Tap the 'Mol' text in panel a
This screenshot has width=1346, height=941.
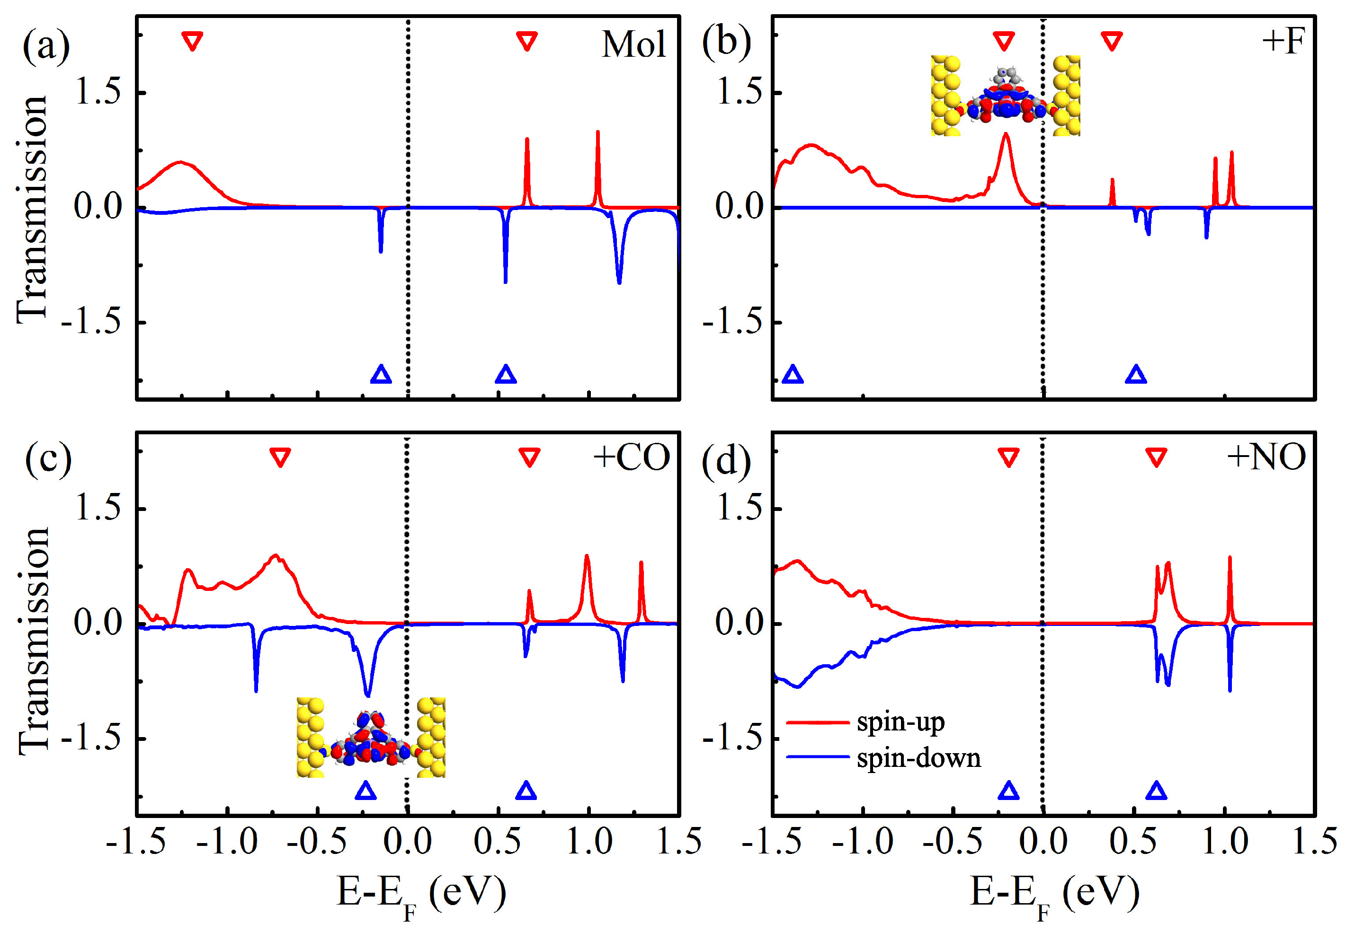click(x=634, y=44)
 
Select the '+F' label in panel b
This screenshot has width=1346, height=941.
click(x=1284, y=41)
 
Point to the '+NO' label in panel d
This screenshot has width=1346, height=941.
click(x=1266, y=457)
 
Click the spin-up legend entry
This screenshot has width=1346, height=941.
click(x=900, y=722)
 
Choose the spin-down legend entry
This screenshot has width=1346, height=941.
click(x=918, y=758)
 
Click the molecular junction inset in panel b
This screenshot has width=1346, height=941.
click(x=1005, y=96)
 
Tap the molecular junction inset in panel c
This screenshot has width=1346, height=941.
click(x=371, y=738)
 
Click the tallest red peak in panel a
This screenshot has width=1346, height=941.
click(x=597, y=132)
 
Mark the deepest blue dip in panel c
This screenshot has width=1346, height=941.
click(x=367, y=695)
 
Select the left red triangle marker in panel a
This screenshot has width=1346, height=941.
click(x=192, y=42)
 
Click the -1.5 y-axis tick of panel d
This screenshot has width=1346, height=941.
click(x=733, y=738)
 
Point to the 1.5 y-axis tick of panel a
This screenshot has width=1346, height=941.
click(x=97, y=92)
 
